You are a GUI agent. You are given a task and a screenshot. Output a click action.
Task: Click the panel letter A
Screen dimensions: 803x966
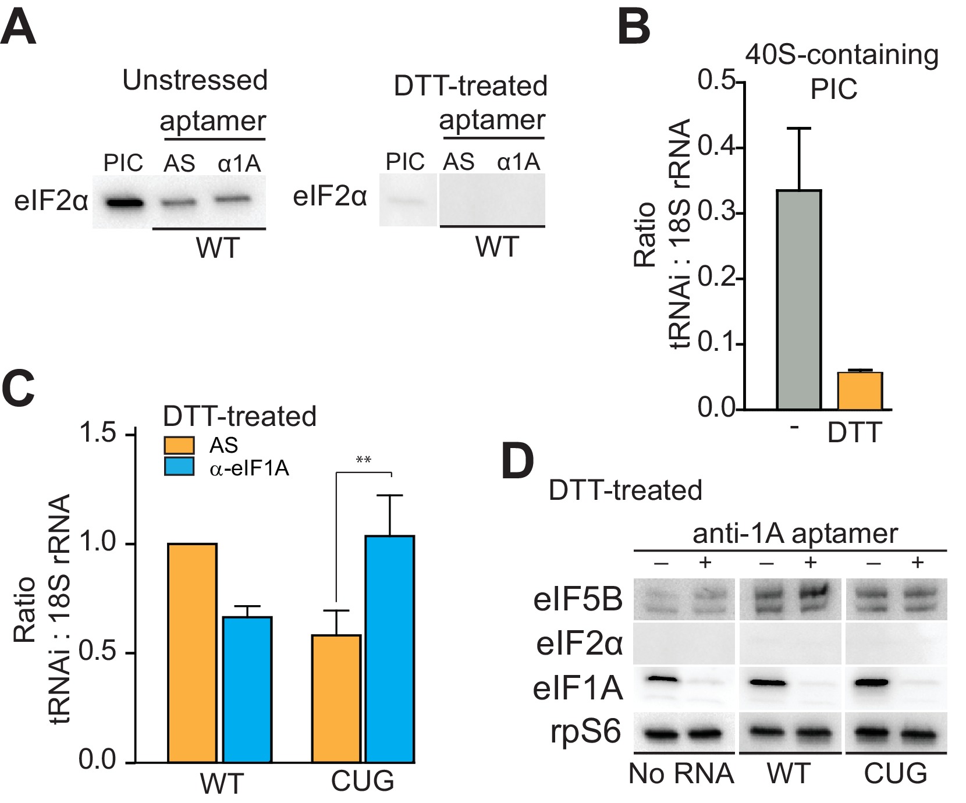(x=19, y=28)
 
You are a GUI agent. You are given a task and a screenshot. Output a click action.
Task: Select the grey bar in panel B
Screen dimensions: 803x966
(x=799, y=300)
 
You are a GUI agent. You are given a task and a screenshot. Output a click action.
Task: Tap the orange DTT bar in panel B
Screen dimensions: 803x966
(x=860, y=390)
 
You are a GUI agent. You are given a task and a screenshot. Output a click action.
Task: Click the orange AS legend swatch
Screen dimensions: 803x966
(x=179, y=445)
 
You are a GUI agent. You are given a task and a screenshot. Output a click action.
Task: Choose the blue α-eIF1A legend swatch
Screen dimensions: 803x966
(x=179, y=467)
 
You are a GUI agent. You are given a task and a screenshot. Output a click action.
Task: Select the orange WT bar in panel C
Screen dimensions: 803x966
(x=192, y=652)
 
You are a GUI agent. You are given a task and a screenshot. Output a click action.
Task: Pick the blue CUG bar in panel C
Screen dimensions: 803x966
(x=390, y=649)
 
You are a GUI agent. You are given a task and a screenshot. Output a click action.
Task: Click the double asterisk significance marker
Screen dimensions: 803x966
(x=364, y=460)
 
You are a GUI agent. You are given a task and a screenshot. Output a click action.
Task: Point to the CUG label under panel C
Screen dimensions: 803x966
(x=363, y=781)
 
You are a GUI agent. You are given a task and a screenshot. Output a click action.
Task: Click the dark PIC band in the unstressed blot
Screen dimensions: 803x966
(x=125, y=203)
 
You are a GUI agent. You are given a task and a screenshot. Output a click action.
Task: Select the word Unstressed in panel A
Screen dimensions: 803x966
(x=195, y=80)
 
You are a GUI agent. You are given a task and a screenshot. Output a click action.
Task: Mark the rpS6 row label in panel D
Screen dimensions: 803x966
(x=586, y=732)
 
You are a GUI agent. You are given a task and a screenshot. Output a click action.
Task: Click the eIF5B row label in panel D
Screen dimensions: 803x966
(x=578, y=599)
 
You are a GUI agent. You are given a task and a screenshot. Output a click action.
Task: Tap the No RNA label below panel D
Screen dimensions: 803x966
(x=681, y=774)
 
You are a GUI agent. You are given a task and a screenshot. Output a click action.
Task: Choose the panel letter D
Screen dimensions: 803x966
(x=517, y=462)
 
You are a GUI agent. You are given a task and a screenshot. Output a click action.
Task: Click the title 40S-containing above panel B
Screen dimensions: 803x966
(x=841, y=55)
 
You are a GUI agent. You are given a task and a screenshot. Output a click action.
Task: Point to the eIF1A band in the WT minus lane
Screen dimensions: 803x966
(x=768, y=682)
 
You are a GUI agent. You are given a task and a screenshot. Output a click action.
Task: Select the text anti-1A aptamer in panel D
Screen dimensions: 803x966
(x=795, y=534)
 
